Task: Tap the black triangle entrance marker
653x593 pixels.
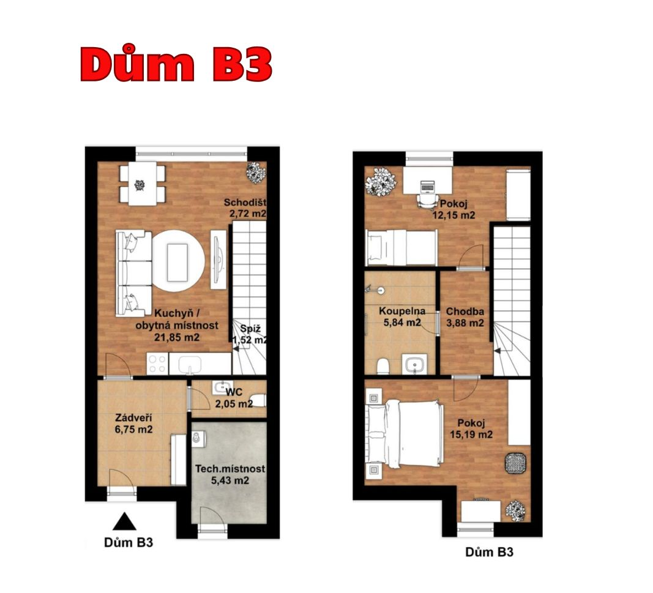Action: (x=124, y=521)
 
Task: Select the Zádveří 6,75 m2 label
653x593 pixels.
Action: (x=133, y=423)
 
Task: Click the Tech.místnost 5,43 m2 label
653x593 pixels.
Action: (x=230, y=474)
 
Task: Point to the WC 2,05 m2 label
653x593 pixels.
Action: (x=234, y=398)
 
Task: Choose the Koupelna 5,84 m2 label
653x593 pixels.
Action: (x=402, y=316)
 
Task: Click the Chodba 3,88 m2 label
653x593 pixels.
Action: (x=465, y=317)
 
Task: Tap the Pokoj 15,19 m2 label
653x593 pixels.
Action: (x=471, y=429)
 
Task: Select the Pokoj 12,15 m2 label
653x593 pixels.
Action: (x=453, y=209)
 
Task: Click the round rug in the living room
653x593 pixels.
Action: (x=178, y=261)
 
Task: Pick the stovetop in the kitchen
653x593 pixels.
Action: (x=157, y=364)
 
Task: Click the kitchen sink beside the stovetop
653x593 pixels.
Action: (x=190, y=364)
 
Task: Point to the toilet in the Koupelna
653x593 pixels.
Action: (x=382, y=367)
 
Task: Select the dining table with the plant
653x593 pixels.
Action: (x=143, y=184)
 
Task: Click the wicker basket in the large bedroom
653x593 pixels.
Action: (x=515, y=463)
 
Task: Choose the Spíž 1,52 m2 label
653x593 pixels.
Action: (x=250, y=334)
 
